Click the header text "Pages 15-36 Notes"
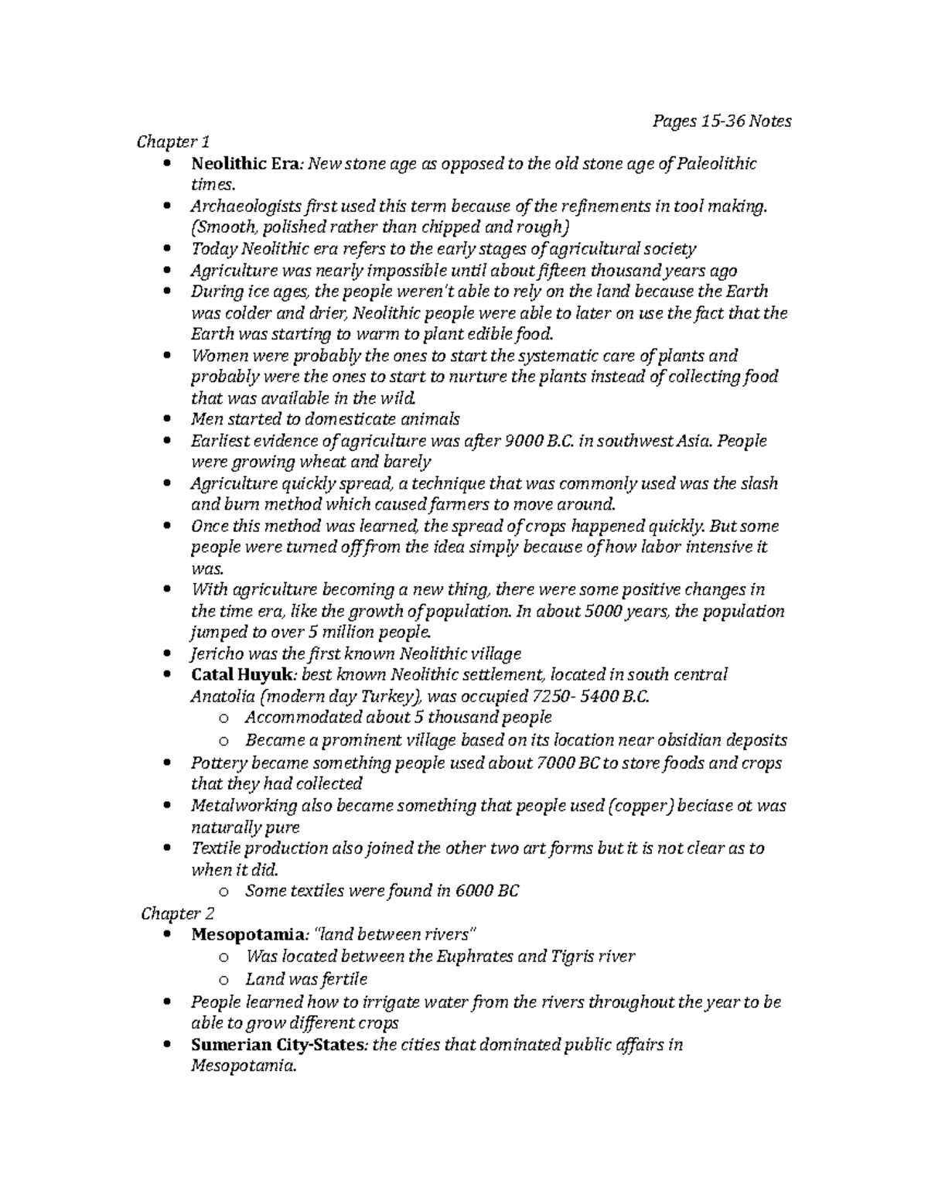click(722, 121)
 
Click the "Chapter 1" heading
click(173, 142)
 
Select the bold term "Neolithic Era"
click(240, 164)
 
